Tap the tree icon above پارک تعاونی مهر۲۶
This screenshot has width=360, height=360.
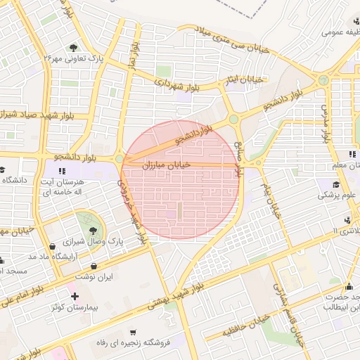tap(73, 47)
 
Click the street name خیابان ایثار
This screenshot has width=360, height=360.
tap(244, 79)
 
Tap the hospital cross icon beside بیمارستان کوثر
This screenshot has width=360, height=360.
tap(75, 296)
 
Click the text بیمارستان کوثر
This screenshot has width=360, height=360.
tap(67, 308)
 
